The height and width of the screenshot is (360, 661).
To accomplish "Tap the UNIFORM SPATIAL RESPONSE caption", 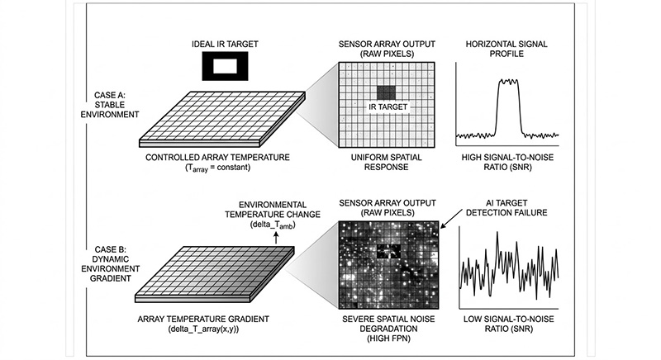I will click(x=385, y=162).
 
